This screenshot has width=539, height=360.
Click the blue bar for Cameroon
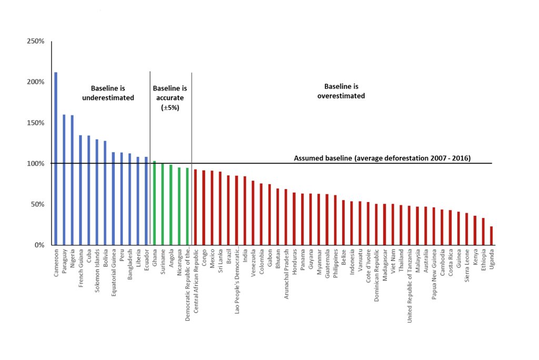pos(56,158)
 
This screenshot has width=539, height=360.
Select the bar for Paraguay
pos(64,179)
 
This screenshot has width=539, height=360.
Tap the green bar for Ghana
pos(154,203)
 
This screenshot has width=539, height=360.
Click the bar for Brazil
pos(228,210)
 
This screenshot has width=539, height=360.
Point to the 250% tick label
pos(35,42)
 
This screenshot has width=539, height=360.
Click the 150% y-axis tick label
pos(35,123)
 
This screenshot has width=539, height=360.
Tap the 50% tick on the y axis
pos(37,204)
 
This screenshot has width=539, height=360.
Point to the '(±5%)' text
pos(169,107)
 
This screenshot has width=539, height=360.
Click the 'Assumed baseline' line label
pos(382,158)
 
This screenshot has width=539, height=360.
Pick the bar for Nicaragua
pos(179,206)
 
